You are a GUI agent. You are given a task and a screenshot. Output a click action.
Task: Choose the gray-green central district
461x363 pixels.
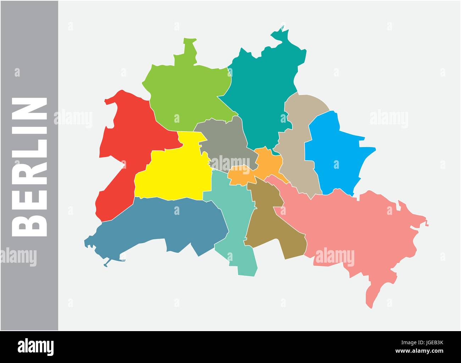coord(227,142)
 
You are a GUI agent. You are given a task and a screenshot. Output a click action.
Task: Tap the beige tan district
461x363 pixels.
coord(298,152)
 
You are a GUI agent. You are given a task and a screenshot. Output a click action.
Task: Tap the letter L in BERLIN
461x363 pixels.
coord(30,145)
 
